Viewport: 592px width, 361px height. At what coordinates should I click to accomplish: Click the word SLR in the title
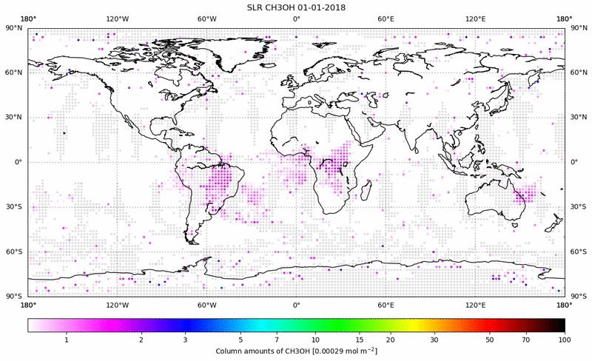(255, 7)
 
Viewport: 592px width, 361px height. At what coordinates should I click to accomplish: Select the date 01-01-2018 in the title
(320, 7)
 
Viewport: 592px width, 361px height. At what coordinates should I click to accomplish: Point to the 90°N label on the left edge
(13, 28)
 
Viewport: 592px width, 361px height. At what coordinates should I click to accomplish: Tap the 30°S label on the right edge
(578, 207)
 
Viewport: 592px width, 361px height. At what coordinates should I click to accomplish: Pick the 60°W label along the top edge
(206, 18)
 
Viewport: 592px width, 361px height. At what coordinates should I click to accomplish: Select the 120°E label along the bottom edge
(475, 304)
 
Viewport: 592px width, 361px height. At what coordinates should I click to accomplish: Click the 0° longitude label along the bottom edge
(296, 304)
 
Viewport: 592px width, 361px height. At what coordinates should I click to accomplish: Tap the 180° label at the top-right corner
(564, 18)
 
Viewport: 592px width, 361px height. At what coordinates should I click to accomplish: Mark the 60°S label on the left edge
(13, 252)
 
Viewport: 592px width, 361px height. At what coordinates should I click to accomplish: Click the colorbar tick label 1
(67, 340)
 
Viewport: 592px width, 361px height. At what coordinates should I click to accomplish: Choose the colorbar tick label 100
(565, 340)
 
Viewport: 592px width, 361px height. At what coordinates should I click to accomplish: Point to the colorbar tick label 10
(296, 340)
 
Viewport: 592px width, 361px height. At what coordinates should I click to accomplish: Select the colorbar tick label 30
(434, 340)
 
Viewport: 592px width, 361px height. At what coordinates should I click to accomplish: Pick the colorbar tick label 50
(490, 340)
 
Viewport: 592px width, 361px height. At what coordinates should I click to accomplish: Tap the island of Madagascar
(366, 190)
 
